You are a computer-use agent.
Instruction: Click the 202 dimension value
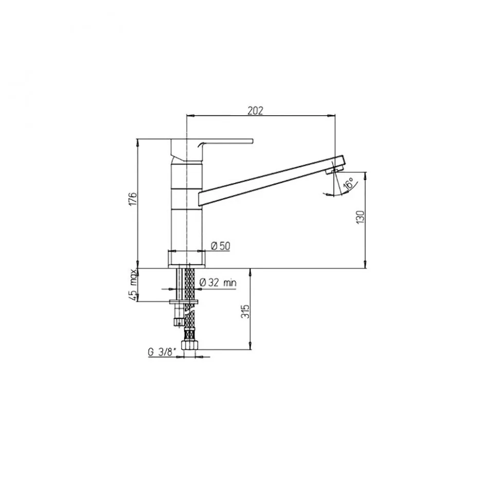click(255, 111)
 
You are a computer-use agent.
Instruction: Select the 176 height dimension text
click(133, 199)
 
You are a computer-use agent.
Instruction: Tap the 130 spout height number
click(360, 217)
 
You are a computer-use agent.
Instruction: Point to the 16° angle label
click(349, 184)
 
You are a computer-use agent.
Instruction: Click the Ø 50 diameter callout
click(220, 246)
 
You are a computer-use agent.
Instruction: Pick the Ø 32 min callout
click(218, 282)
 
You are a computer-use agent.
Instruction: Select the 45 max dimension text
click(133, 285)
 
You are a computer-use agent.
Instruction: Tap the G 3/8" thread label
click(162, 352)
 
